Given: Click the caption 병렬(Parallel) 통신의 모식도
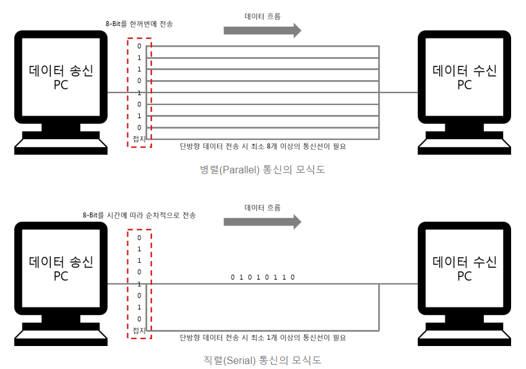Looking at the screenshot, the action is click(x=262, y=169).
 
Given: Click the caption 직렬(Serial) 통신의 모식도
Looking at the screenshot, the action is click(x=262, y=360).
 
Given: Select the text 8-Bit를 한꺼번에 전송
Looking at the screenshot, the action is click(x=139, y=24).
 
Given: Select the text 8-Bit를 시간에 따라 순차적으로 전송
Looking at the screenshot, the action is click(x=139, y=215).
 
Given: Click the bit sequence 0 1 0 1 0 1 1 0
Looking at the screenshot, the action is click(x=262, y=277).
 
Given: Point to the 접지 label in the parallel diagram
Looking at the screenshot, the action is click(x=139, y=139).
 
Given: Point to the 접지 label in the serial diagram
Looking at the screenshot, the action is click(x=139, y=329).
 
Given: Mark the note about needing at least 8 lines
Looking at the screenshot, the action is click(x=262, y=147).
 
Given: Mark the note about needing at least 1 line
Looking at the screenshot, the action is click(x=262, y=338).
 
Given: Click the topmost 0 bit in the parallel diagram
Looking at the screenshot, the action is click(x=139, y=46).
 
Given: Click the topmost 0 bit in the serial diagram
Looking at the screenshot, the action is click(x=139, y=237).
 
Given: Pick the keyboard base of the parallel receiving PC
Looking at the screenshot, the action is click(x=465, y=146).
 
